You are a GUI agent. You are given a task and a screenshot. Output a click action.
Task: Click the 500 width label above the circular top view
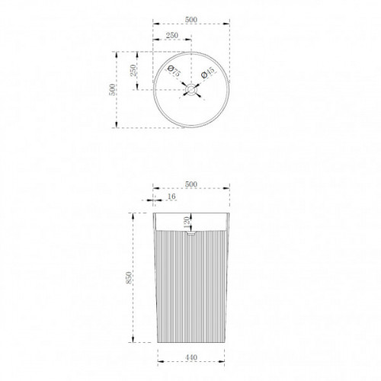191,20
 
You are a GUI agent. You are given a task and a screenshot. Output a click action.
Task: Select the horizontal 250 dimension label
172,35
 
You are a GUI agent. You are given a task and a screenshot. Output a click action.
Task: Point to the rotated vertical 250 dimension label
133,70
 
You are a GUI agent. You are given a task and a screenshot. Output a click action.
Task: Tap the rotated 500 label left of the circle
112,90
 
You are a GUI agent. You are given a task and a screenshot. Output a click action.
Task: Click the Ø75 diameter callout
174,71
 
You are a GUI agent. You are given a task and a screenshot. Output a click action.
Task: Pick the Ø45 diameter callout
208,72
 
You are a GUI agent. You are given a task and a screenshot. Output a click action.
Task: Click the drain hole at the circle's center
191,90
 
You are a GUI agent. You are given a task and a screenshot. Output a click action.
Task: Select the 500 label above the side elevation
191,184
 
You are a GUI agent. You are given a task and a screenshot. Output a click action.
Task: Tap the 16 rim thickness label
171,197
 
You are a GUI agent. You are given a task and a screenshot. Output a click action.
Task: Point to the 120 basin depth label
187,223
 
